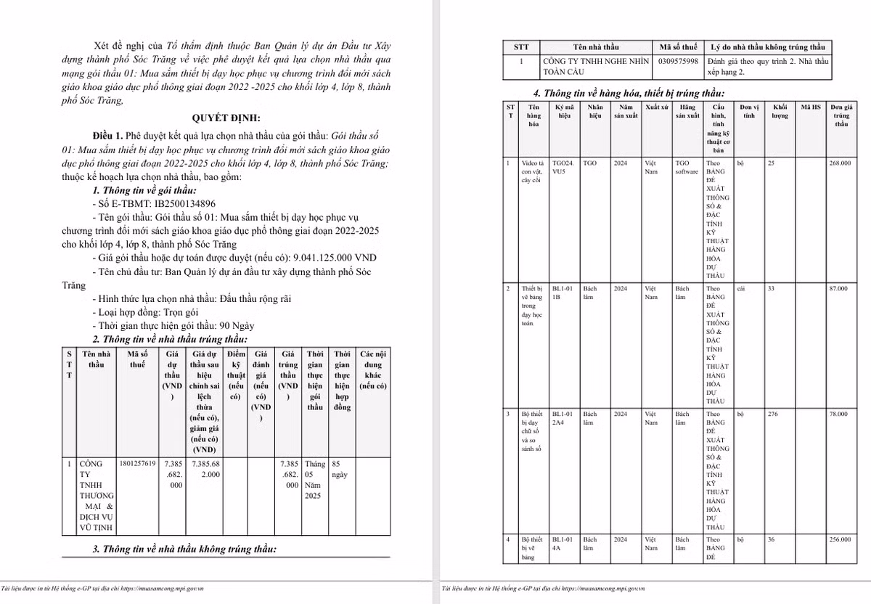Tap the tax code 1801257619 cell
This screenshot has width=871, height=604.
coord(136,463)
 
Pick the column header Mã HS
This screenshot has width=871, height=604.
coord(811,107)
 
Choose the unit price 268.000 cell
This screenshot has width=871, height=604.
coord(841,163)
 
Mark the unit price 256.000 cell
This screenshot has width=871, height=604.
coord(841,539)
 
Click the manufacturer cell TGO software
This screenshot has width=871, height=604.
coord(686,168)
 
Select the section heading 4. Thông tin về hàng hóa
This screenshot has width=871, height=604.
coord(629,93)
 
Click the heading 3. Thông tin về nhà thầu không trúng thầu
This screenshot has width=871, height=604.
coord(185,550)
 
